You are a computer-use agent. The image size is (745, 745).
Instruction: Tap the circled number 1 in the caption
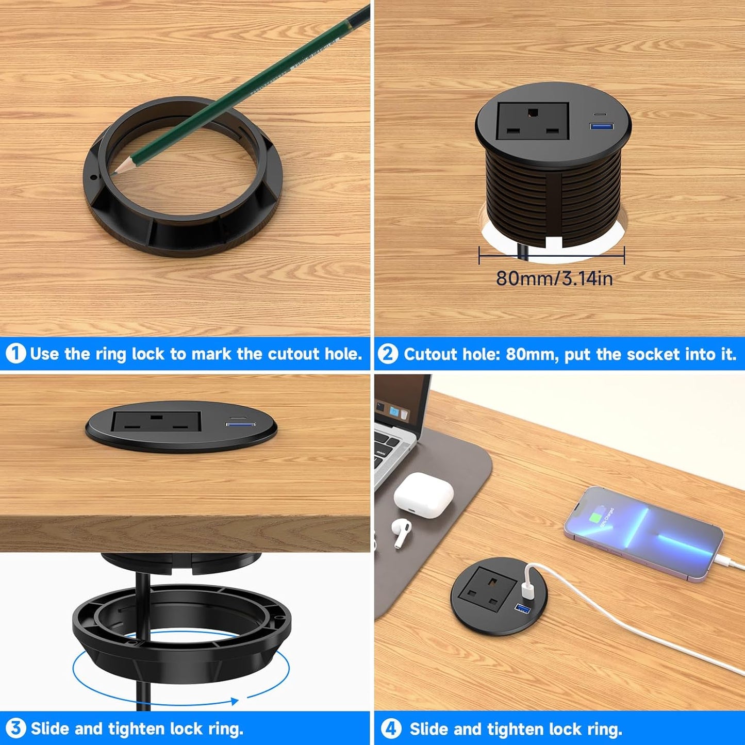[15, 354]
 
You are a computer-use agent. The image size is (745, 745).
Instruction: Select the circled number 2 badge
[388, 354]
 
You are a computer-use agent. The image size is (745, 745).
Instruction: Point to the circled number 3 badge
[15, 729]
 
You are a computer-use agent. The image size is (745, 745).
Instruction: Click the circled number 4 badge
[391, 729]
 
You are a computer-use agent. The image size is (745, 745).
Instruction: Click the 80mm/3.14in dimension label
[554, 278]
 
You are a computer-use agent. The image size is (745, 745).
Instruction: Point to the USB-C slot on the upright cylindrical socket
[600, 113]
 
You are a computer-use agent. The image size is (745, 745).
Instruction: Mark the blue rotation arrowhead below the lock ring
[235, 701]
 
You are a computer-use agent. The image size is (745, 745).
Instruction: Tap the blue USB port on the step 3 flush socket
[240, 424]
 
